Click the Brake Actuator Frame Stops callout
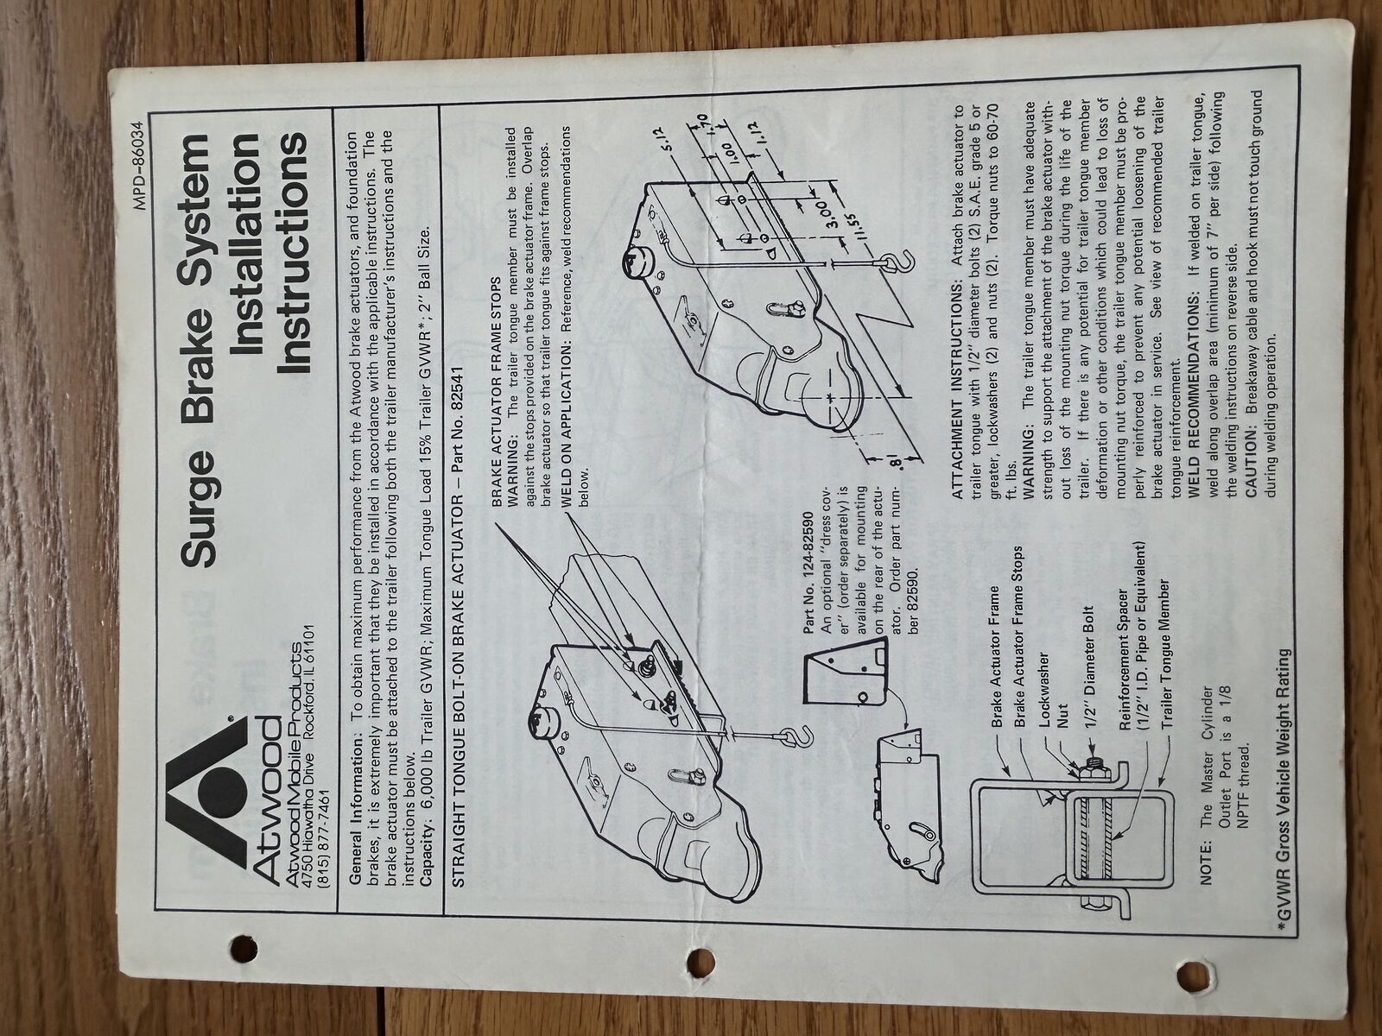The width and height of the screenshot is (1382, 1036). coord(1021,636)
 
